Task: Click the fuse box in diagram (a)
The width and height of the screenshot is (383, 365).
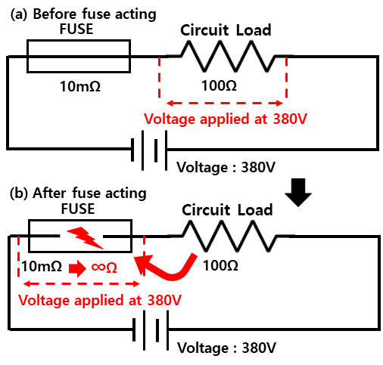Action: (79, 40)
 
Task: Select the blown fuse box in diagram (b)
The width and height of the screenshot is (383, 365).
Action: (80, 221)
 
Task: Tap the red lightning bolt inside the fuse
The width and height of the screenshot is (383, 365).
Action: (86, 238)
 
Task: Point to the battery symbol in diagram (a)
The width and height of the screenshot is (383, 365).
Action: (149, 150)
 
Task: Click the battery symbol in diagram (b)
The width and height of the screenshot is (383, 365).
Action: (151, 330)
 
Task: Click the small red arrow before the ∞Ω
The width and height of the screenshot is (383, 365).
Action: (77, 268)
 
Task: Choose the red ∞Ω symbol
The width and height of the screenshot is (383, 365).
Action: (104, 268)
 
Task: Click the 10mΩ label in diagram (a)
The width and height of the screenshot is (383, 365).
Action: (80, 86)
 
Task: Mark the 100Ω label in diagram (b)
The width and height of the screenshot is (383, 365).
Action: (220, 265)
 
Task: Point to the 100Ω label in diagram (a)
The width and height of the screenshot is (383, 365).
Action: (219, 85)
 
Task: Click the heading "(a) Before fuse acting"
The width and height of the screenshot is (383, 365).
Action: (83, 14)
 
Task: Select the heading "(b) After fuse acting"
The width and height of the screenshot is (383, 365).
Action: (78, 193)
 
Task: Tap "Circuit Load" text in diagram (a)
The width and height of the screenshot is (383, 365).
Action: (226, 30)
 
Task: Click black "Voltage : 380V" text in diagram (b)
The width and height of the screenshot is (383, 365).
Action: (226, 348)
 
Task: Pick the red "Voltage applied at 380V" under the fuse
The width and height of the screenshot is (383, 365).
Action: (100, 300)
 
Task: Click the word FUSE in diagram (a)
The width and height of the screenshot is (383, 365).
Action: (76, 29)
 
